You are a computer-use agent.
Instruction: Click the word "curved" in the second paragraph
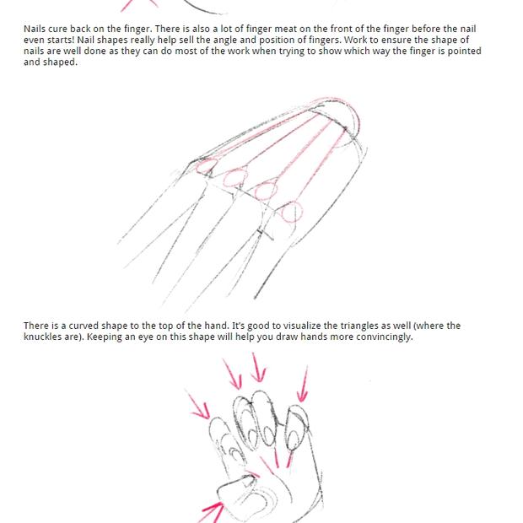[x=84, y=326]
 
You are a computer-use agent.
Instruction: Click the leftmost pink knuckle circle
[x=207, y=166]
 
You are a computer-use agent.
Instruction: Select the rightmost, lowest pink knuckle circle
[x=292, y=212]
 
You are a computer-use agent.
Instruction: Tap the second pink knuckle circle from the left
[x=235, y=178]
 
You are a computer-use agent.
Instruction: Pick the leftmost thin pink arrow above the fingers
[x=199, y=404]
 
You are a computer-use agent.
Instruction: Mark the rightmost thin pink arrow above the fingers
[x=303, y=384]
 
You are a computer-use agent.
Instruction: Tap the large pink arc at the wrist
[x=353, y=120]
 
